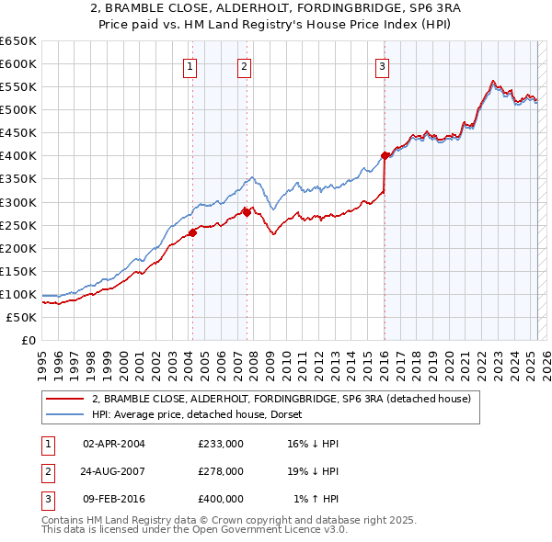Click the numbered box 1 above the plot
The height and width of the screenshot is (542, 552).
190,65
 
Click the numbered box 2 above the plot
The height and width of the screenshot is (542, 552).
245,65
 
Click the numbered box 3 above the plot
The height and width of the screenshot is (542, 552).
382,65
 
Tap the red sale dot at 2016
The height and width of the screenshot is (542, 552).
385,155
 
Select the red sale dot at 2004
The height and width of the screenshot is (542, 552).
192,232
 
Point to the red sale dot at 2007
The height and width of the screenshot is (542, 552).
247,212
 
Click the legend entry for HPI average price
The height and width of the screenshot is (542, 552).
179,414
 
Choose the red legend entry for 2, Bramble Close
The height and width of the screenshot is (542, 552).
282,399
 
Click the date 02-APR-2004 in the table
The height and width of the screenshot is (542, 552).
114,443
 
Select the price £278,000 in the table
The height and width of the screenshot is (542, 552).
221,471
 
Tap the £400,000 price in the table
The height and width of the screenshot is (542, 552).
221,499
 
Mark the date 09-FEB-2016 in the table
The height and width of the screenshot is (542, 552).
114,499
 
